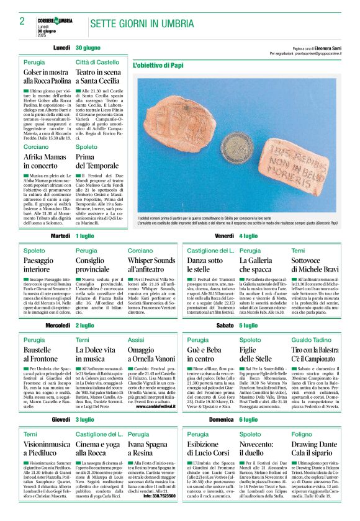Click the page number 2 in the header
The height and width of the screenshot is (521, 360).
tap(22, 21)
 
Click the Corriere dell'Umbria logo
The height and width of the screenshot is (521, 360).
tap(55, 21)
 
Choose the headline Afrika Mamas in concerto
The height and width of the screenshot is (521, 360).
tap(44, 161)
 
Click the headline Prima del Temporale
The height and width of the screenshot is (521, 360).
tap(97, 161)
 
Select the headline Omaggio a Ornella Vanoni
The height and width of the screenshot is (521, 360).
tap(150, 354)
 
